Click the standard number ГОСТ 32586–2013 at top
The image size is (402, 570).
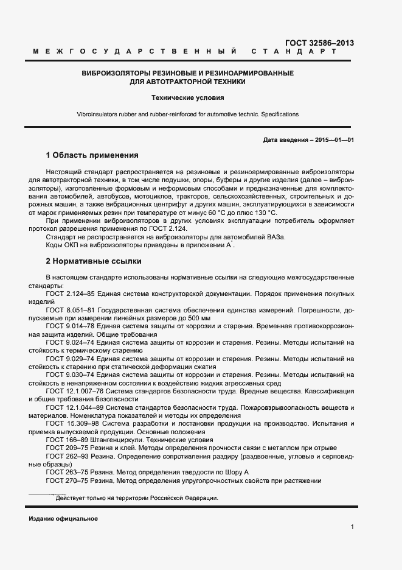(319, 43)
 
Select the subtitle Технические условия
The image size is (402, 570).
(187, 97)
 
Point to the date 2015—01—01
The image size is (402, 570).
(333, 139)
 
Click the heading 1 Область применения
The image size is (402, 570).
(92, 155)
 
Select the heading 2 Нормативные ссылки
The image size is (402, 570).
(94, 261)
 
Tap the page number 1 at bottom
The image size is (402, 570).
(352, 527)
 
